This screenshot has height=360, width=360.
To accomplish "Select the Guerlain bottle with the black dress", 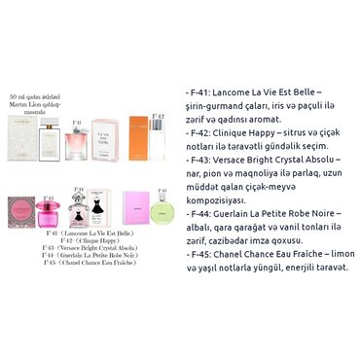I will (x=79, y=211).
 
